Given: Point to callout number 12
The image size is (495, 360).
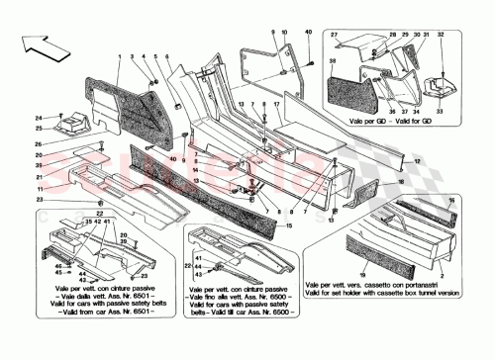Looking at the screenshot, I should [418, 160].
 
